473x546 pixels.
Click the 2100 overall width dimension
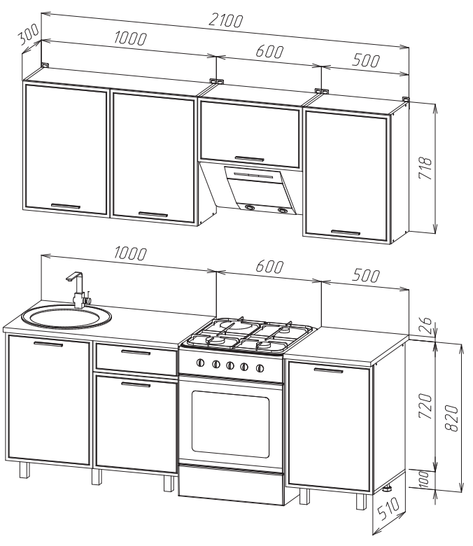225,20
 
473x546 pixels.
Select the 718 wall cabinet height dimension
425,168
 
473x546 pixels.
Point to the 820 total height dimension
452,418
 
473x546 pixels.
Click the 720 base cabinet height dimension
425,406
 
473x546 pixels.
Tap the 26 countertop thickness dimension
426,325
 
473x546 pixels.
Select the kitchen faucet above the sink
79,289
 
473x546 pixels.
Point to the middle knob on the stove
230,365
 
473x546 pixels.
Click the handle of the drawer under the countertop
136,352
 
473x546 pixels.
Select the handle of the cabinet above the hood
249,159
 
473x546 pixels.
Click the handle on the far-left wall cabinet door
66,206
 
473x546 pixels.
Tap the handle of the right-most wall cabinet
346,232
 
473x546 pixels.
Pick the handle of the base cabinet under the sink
48,344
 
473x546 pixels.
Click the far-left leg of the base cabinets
24,470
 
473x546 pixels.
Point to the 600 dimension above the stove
269,267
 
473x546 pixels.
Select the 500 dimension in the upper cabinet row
365,61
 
